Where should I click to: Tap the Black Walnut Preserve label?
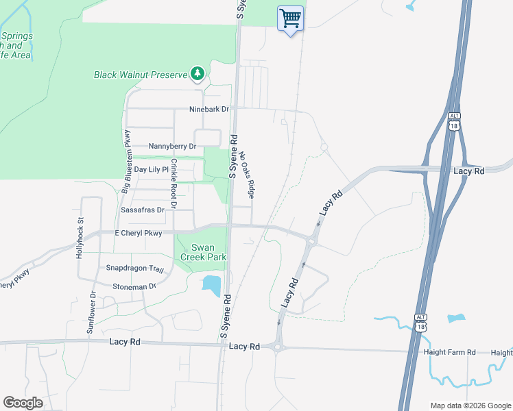pos(141,74)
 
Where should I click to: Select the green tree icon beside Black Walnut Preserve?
pos(198,73)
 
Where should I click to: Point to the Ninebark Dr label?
pos(209,109)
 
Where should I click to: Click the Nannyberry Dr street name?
pos(172,147)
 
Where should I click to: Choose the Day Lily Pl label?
pos(151,169)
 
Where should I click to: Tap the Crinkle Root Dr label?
pos(174,183)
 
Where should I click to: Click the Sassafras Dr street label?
pos(143,210)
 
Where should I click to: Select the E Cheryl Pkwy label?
pos(139,234)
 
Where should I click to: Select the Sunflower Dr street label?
pos(92,312)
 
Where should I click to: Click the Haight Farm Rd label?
pos(449,352)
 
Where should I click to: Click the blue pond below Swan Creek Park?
pos(212,284)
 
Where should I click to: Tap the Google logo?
pos(23,403)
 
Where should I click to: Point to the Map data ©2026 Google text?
pos(470,406)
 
